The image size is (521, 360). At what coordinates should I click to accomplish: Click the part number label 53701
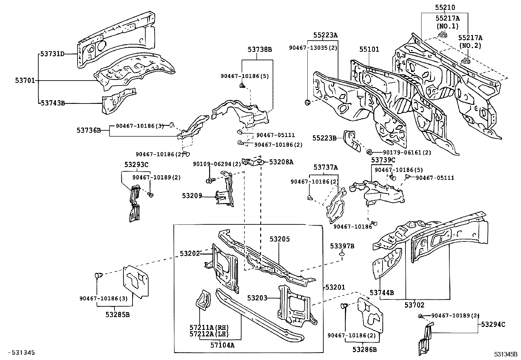25,81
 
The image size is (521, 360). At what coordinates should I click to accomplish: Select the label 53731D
52,54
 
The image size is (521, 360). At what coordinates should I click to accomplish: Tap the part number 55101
369,49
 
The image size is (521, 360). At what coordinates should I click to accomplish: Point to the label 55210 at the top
445,7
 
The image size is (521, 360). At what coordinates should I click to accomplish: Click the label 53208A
281,161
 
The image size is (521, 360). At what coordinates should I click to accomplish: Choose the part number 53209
192,196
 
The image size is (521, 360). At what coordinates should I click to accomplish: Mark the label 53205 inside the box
280,239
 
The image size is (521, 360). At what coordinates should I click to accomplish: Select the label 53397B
342,246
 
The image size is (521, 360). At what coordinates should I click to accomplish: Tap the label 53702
414,305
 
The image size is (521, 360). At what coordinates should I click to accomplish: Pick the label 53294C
493,324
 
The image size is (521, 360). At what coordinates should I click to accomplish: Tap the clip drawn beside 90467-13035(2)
308,103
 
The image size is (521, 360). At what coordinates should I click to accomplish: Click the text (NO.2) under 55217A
470,46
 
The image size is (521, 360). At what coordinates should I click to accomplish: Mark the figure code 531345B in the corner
506,354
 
